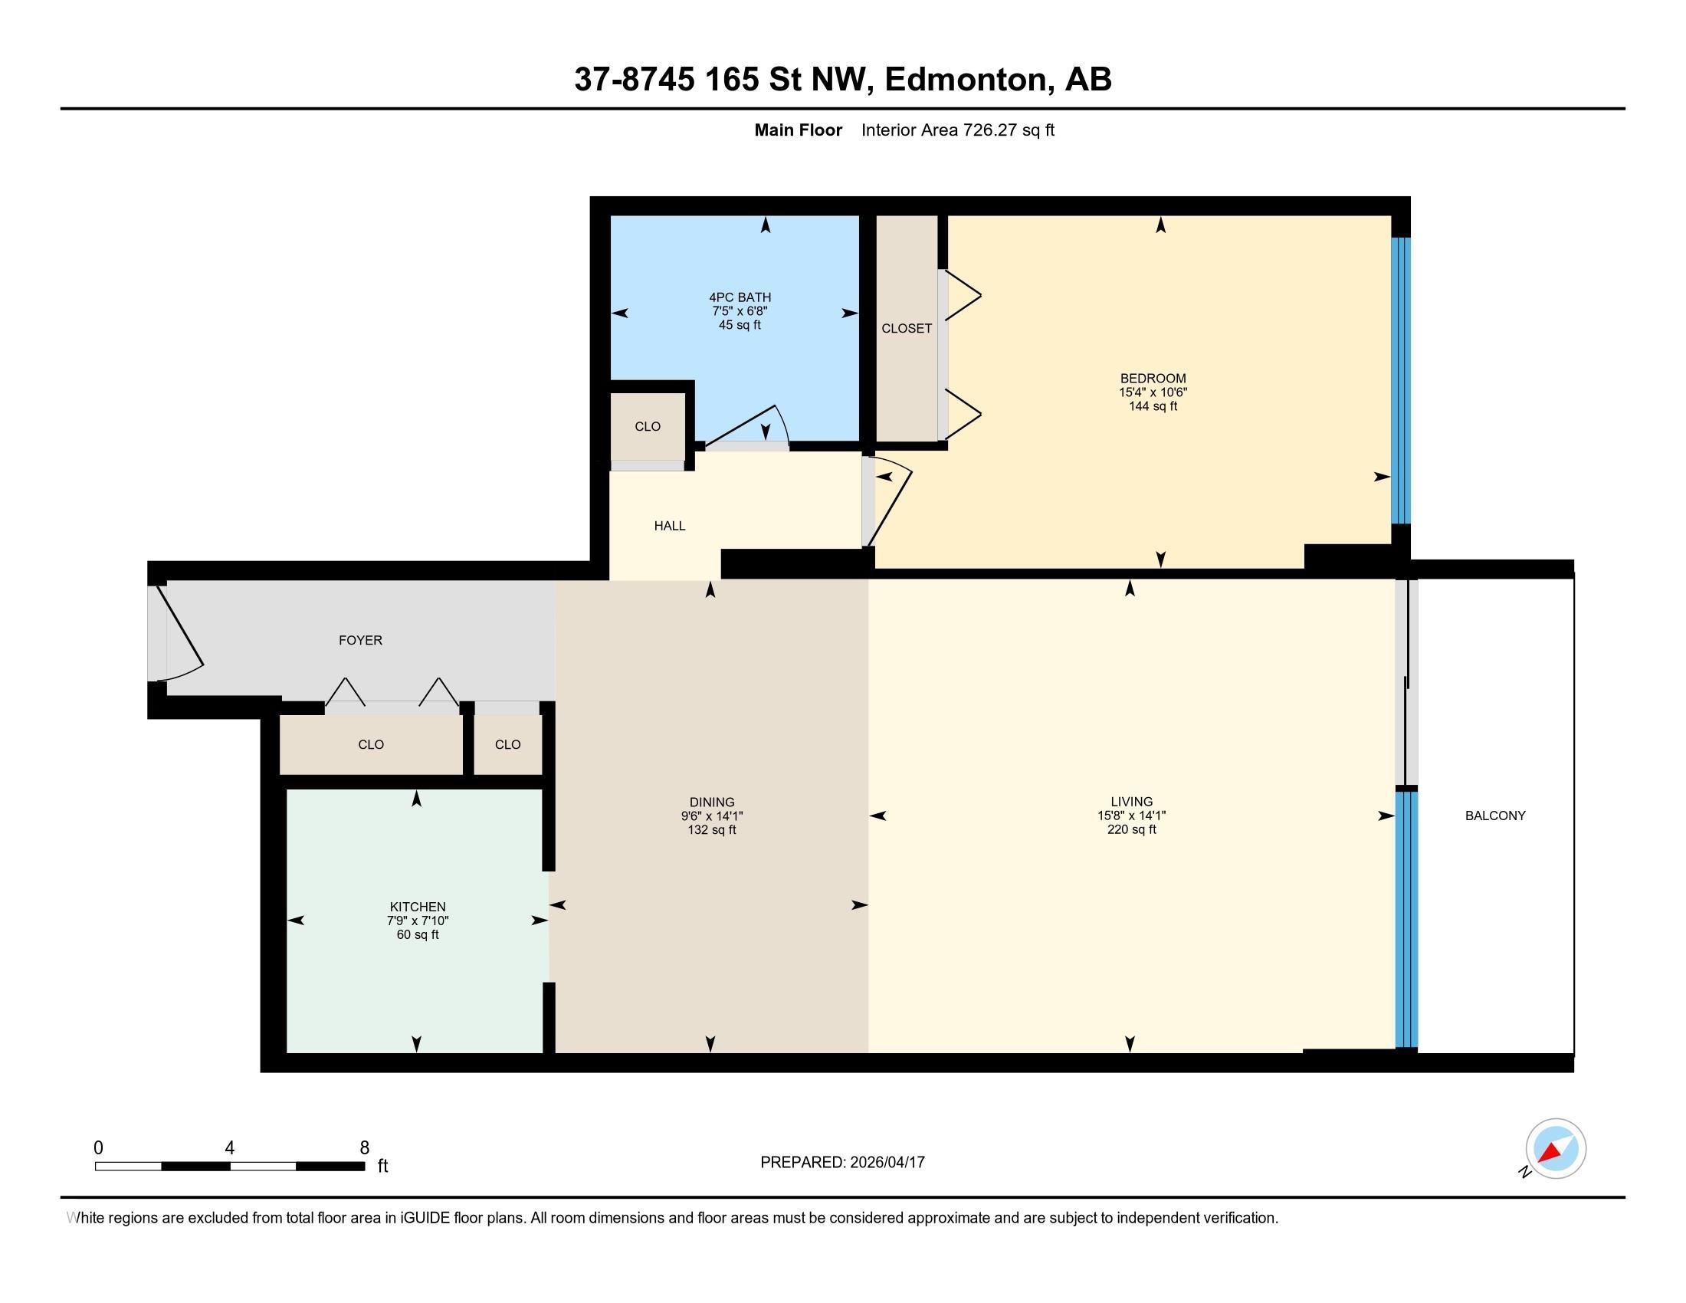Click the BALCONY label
(1494, 816)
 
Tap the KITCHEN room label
(417, 906)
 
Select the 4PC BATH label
(740, 297)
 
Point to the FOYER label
(360, 640)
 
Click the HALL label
(669, 526)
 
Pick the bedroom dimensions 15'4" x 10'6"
(1153, 392)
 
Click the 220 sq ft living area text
(1131, 830)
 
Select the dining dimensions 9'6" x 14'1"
(711, 816)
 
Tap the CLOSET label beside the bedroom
(907, 328)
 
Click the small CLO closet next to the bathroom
(647, 426)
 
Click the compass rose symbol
(1555, 1149)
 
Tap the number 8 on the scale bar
(364, 1148)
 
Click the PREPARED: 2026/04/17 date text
(842, 1163)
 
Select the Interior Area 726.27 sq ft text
(957, 130)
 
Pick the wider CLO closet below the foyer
(371, 744)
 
